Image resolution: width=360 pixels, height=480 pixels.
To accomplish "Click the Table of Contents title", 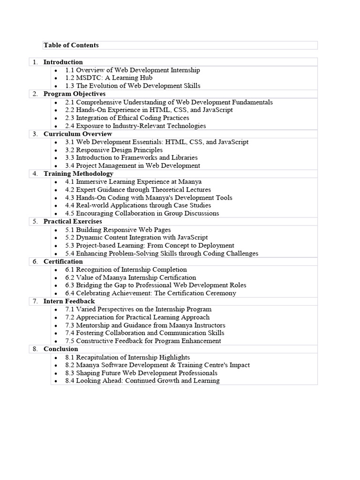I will (71, 45).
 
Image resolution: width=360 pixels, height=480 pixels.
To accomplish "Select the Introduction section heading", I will (63, 62).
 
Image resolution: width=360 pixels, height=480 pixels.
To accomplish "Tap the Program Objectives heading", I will (74, 94).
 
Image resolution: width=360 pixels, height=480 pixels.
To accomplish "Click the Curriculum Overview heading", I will (77, 134).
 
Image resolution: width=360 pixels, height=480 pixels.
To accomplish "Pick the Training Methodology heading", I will (78, 173).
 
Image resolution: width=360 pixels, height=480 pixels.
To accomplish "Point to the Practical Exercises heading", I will (73, 221).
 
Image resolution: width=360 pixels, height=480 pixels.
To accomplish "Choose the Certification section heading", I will (63, 261).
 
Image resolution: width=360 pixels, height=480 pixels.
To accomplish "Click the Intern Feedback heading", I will (69, 301).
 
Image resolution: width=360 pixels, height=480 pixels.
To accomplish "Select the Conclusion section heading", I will (60, 349).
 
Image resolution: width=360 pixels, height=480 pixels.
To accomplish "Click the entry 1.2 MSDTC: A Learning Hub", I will (109, 78).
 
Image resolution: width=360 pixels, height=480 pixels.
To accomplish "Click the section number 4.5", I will (70, 213).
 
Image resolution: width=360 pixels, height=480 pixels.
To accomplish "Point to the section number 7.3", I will (70, 325).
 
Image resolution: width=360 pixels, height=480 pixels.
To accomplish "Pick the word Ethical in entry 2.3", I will (125, 118).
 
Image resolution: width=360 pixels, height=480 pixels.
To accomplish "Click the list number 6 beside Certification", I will (35, 262).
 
